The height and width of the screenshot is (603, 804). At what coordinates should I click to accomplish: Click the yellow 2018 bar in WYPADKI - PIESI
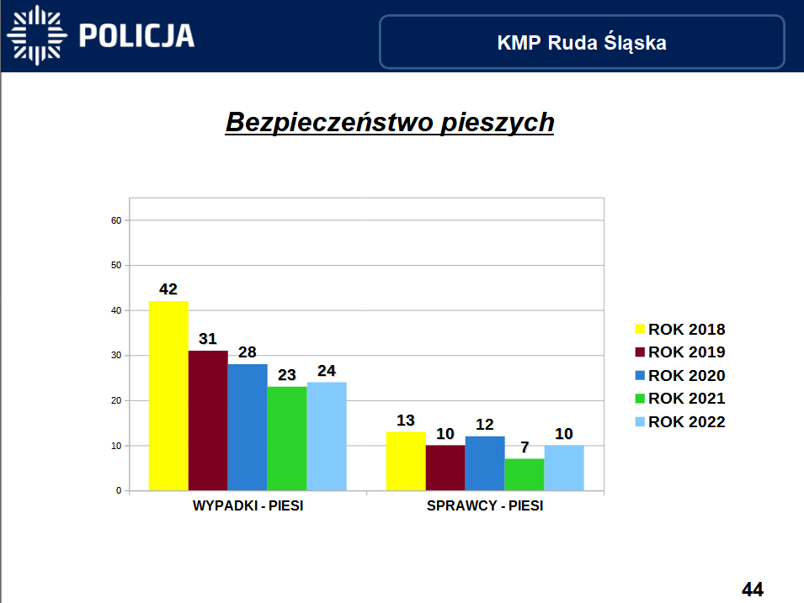[168, 395]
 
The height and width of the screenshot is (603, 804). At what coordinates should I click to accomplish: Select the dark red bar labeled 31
[208, 420]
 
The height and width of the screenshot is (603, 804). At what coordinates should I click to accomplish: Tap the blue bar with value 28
[248, 426]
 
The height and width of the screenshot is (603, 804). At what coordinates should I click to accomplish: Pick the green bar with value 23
[287, 438]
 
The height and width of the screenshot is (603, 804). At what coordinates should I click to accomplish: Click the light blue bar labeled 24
[327, 436]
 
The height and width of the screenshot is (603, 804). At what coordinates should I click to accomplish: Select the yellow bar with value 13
[406, 461]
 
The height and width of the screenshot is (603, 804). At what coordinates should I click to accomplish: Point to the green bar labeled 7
[524, 474]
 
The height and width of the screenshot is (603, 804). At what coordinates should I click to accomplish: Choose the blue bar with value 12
[485, 463]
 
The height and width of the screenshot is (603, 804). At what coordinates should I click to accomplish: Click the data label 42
[168, 289]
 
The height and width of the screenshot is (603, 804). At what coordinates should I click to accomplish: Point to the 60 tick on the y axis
[117, 220]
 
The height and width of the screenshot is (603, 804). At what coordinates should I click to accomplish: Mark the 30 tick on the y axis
[117, 356]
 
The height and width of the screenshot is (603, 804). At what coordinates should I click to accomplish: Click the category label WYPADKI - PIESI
[248, 507]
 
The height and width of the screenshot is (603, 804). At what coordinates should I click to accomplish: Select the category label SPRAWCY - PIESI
[485, 507]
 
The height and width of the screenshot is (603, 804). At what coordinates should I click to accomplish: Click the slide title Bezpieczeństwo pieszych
[390, 123]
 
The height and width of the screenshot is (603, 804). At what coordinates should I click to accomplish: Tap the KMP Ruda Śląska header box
[582, 42]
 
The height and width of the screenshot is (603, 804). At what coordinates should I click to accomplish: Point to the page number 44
[752, 590]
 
